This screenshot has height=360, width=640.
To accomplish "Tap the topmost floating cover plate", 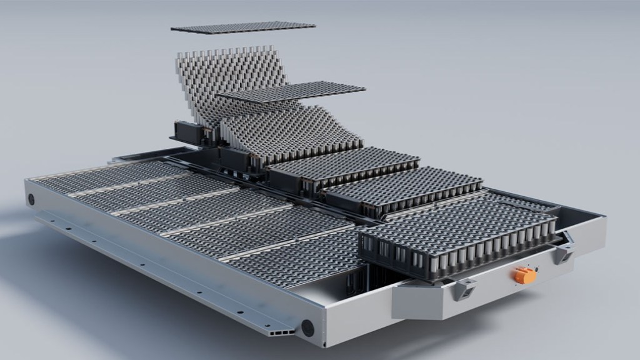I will tap(243, 27).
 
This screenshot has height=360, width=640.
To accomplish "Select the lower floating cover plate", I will tap(292, 91).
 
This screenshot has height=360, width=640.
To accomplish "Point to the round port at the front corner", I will tap(307, 327).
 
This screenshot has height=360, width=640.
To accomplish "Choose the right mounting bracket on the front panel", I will tap(564, 252).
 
